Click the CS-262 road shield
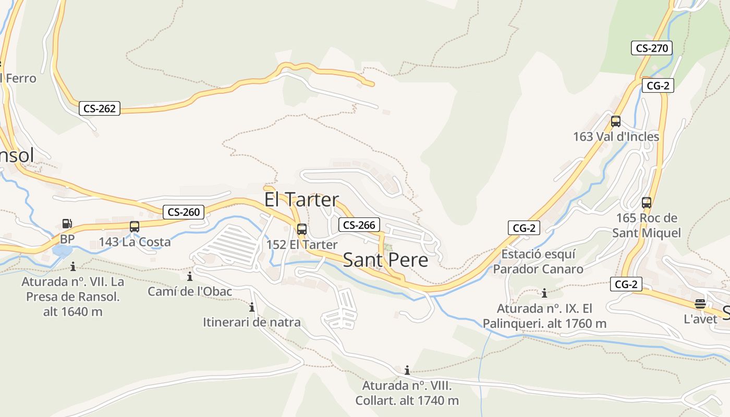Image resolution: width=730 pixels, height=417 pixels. pos(100,108)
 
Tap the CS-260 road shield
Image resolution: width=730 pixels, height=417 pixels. pos(183,212)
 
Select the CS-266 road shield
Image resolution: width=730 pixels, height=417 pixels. pos(359,225)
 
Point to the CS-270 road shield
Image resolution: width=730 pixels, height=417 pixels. pos(652,48)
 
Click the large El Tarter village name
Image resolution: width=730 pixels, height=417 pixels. pos(301,200)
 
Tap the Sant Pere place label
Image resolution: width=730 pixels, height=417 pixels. pos(385,260)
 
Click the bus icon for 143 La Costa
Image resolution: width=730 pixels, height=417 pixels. pos(135,227)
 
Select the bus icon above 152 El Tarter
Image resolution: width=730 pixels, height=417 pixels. pos(301,229)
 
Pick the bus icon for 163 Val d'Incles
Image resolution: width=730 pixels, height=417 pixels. pos(616,121)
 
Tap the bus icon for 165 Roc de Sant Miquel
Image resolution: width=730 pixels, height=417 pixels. pos(647,203)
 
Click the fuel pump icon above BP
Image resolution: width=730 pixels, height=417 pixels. pos(67,224)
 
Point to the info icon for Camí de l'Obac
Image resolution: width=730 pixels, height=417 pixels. pos(190,276)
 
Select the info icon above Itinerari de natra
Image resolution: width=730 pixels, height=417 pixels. pos(252,308)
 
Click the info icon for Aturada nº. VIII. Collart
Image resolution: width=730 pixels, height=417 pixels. pos(407,371)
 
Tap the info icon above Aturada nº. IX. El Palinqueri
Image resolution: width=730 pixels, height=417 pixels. pos(544,293)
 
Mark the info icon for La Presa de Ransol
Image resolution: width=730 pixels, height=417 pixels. pos(73,267)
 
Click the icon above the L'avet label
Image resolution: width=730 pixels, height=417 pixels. pos(700,304)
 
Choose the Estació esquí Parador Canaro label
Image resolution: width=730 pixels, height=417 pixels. pos(538,262)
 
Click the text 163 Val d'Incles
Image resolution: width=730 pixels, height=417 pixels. pos(616,137)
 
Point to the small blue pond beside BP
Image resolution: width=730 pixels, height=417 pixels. pos(62,252)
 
